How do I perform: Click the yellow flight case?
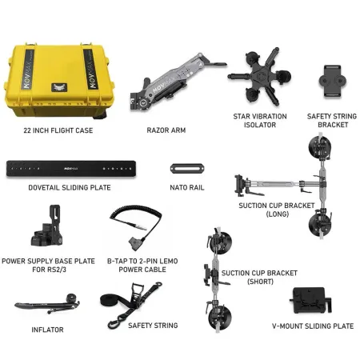click(x=59, y=80)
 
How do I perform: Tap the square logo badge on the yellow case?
click(x=59, y=87)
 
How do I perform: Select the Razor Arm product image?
click(x=178, y=81)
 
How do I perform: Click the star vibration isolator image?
click(x=259, y=76)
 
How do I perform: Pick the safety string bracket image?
click(x=333, y=81)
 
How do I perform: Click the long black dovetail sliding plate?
click(x=71, y=169)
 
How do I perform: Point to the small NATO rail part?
click(x=187, y=169)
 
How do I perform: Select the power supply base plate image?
click(x=47, y=226)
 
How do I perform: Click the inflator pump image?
click(x=47, y=304)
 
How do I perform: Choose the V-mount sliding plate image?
click(x=311, y=300)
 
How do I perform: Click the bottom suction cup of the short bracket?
click(x=219, y=318)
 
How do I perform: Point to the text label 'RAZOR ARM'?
click(x=166, y=130)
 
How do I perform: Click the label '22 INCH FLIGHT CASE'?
click(x=58, y=130)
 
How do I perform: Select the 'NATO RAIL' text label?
click(x=187, y=187)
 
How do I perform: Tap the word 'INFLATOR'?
click(x=47, y=330)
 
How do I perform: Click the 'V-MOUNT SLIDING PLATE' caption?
click(x=313, y=326)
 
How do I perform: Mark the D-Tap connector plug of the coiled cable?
click(x=134, y=245)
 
